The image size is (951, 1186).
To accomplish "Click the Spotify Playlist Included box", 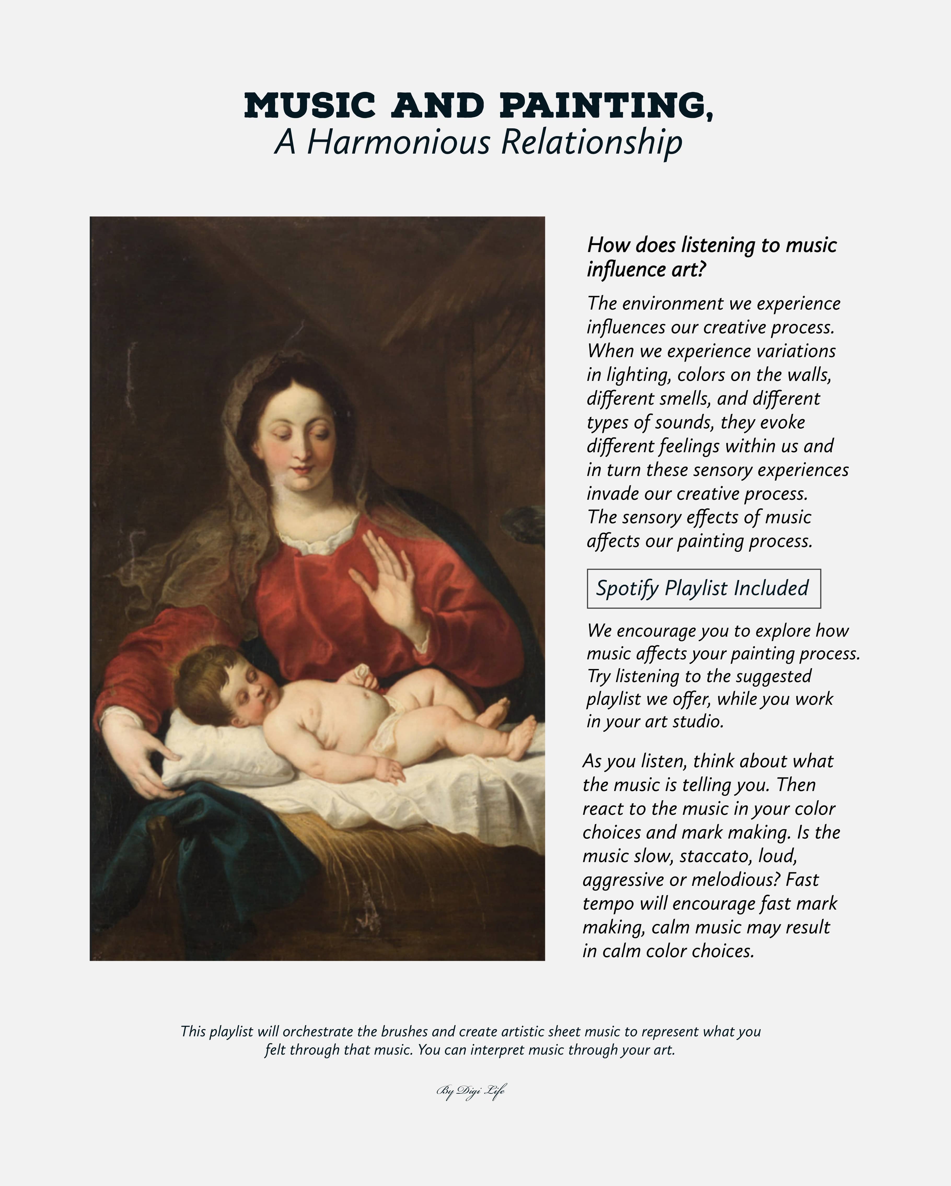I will coord(704,589).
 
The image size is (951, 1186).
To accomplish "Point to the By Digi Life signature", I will coord(471,1091).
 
